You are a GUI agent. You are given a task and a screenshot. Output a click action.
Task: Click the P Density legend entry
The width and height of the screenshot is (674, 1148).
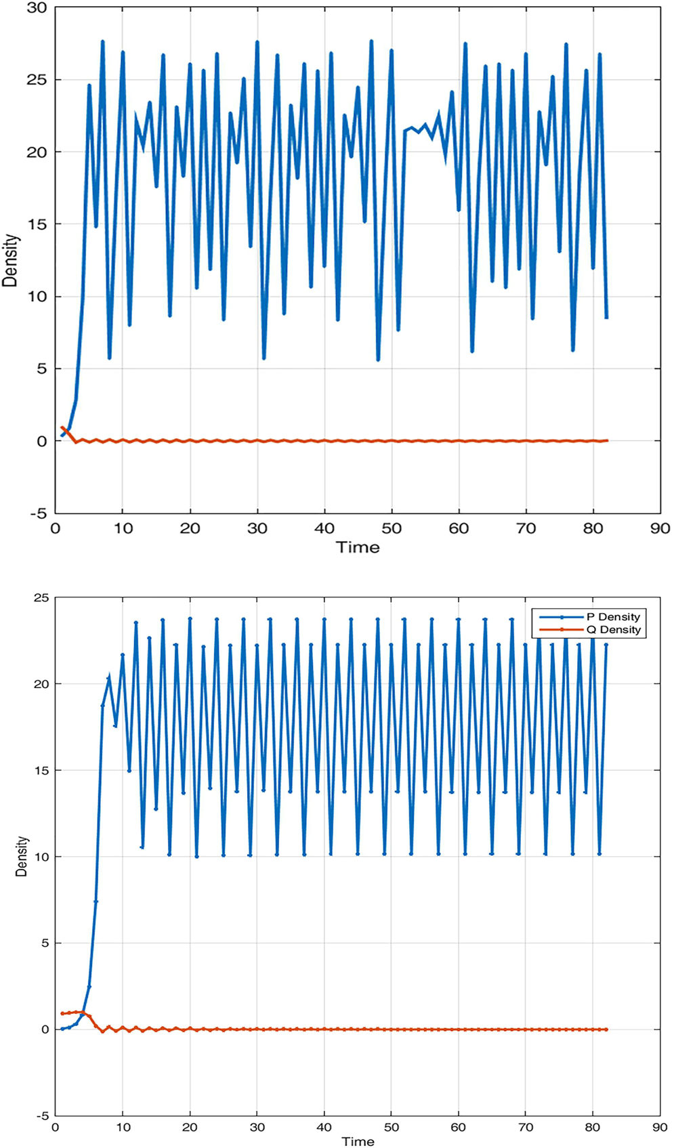612,617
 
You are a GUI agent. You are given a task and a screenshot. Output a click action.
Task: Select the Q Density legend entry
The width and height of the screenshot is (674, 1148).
612,630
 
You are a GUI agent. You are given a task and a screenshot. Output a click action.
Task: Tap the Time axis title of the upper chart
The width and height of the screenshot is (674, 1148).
358,547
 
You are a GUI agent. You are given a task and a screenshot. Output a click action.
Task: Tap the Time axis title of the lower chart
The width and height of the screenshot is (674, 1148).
358,1141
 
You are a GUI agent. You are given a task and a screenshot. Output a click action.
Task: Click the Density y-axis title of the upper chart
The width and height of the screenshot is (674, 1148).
10,261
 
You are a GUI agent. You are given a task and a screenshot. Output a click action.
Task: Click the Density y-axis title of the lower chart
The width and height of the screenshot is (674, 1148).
22,856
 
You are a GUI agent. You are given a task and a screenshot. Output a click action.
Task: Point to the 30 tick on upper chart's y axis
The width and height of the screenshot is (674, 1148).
38,8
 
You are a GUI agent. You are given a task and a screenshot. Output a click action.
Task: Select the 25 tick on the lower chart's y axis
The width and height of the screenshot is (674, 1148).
41,598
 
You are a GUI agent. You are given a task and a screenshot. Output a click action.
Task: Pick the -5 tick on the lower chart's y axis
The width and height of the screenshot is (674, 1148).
43,1115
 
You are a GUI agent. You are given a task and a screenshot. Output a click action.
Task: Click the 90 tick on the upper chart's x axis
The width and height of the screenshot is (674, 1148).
660,528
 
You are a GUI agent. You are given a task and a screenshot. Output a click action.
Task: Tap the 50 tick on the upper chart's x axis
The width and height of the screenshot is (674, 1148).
392,528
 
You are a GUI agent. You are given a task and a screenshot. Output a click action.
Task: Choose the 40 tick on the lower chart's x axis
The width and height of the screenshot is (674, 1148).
324,1128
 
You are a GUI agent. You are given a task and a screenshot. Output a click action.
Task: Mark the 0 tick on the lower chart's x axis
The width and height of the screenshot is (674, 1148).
56,1128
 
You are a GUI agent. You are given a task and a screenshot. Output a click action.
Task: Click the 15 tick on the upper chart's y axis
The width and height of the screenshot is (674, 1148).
38,224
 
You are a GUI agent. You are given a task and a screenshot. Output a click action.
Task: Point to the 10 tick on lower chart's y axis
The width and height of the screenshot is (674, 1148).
41,857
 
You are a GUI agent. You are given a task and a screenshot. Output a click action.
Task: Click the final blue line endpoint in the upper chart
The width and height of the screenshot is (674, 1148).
606,317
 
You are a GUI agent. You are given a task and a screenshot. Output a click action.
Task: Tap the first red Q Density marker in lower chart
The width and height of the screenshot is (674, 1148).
62,1013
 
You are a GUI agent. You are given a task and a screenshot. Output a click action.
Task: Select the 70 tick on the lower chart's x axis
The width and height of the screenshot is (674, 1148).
526,1128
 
